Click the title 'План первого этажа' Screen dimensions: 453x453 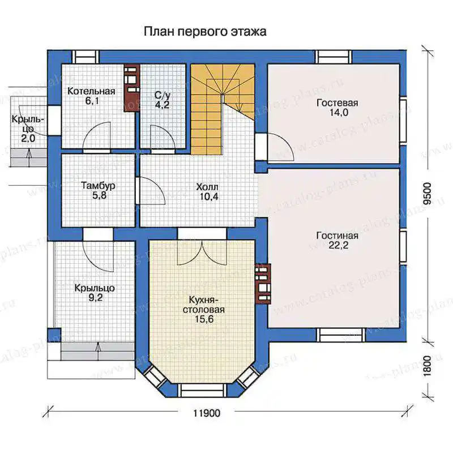pos(205,32)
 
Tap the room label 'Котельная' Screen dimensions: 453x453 pos(91,91)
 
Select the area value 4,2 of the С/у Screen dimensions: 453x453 pos(162,105)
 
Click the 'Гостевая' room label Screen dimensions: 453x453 pos(337,103)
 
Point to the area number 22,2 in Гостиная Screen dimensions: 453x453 pos(338,245)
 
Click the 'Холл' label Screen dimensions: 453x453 pos(207,187)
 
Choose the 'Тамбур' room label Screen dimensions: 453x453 pos(98,185)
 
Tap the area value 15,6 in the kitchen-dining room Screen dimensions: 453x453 pos(204,319)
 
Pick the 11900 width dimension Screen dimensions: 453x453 pos(207,413)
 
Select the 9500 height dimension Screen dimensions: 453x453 pos(428,194)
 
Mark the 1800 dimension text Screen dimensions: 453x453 pos(428,366)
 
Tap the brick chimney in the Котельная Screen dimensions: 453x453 pos(132,86)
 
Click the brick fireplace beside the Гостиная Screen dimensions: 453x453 pos(263,284)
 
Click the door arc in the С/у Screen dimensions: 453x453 pos(163,137)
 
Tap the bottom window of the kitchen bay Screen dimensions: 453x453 pos(202,390)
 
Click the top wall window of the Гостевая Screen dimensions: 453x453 pos(334,57)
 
